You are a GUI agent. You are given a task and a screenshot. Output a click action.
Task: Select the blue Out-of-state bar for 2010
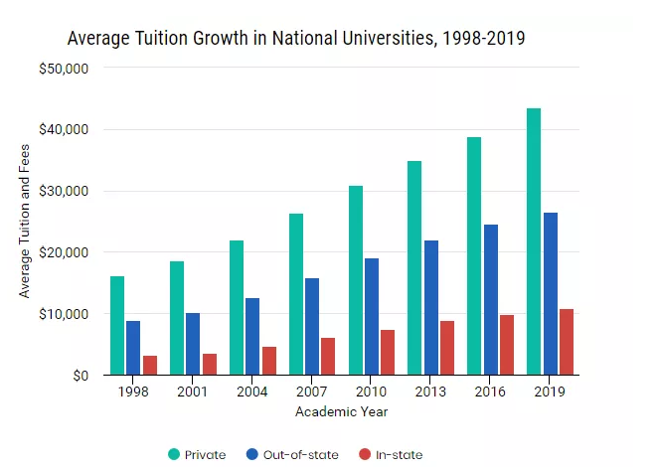click(x=372, y=316)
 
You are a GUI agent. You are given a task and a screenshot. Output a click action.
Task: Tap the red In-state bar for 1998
click(x=149, y=365)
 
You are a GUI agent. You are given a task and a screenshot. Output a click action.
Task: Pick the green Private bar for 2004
click(x=237, y=307)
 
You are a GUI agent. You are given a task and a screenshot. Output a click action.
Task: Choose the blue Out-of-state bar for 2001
click(x=193, y=344)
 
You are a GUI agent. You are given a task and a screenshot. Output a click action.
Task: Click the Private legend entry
click(x=198, y=455)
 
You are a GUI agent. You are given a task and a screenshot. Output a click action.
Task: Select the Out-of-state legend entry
click(x=295, y=455)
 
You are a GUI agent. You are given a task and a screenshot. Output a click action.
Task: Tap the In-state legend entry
click(x=390, y=455)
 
